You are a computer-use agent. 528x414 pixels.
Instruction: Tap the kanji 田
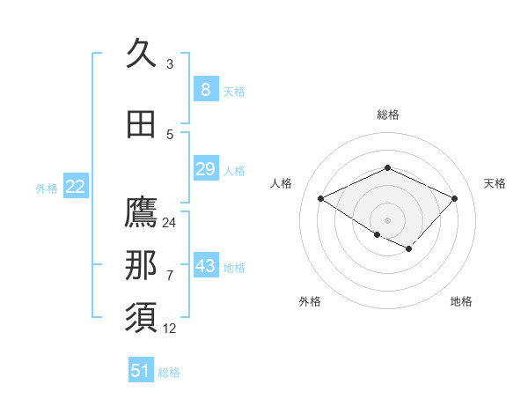tap(141, 124)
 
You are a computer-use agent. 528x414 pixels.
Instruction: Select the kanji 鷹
tap(141, 212)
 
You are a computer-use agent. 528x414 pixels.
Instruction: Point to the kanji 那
tap(141, 266)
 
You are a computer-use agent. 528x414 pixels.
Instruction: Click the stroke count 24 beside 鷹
tap(170, 223)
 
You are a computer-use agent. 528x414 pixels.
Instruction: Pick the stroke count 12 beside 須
tap(170, 329)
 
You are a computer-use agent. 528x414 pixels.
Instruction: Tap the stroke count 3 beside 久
tap(170, 64)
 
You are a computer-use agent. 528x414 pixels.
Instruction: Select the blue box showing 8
tap(205, 89)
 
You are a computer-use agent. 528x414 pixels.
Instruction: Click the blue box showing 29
tap(205, 169)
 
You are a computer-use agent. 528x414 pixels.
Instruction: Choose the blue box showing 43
tap(205, 266)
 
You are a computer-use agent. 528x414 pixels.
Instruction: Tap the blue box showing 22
tap(75, 187)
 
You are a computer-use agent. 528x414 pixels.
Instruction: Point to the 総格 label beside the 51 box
tap(169, 373)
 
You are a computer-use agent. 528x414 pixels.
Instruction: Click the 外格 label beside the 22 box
tap(47, 188)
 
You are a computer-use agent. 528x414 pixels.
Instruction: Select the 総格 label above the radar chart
tap(387, 115)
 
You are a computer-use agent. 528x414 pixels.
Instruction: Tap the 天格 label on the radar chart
tap(495, 183)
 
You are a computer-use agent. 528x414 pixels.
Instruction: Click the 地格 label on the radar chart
tap(461, 301)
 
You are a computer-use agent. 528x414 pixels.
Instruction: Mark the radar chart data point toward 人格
tap(321, 199)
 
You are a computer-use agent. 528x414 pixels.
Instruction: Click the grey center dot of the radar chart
tap(387, 219)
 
